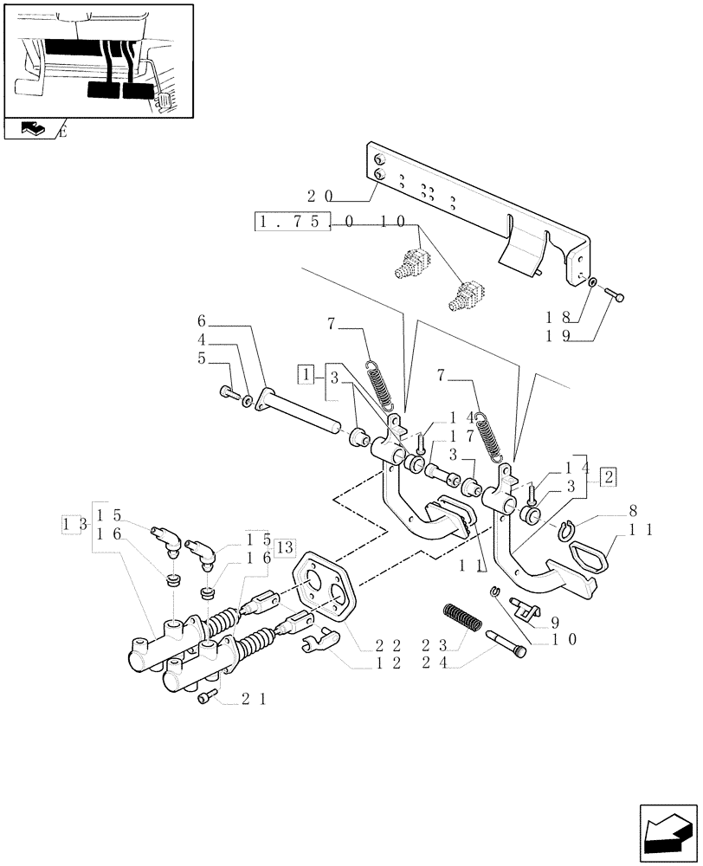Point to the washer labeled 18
point(590,282)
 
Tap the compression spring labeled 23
point(457,622)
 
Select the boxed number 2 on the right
point(609,476)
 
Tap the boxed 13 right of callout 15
point(285,546)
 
